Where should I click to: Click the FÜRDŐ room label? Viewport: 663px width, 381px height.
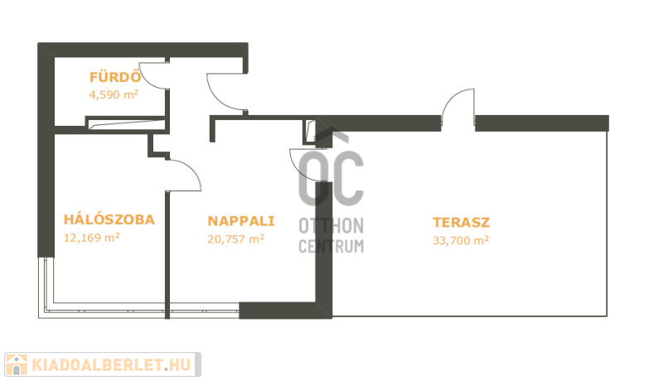[115, 77]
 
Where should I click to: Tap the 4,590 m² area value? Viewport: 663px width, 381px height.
[114, 94]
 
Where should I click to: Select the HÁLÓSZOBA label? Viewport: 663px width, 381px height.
[109, 219]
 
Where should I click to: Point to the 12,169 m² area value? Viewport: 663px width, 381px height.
[92, 238]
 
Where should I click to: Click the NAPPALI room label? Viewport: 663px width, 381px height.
[241, 221]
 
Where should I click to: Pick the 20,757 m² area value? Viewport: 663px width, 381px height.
[236, 239]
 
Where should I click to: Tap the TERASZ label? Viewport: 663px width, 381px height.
[462, 222]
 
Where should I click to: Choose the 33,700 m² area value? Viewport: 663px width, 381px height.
[461, 240]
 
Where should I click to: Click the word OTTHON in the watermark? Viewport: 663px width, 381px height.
[331, 226]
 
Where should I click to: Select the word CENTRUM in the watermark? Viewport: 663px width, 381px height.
[331, 246]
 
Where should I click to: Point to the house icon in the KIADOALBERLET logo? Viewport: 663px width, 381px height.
[16, 364]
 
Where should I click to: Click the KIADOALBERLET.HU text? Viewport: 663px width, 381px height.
[112, 365]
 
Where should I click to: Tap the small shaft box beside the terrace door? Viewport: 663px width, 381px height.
[309, 132]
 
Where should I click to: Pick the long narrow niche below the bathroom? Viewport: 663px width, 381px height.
[126, 123]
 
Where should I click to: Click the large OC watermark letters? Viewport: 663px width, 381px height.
[331, 173]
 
